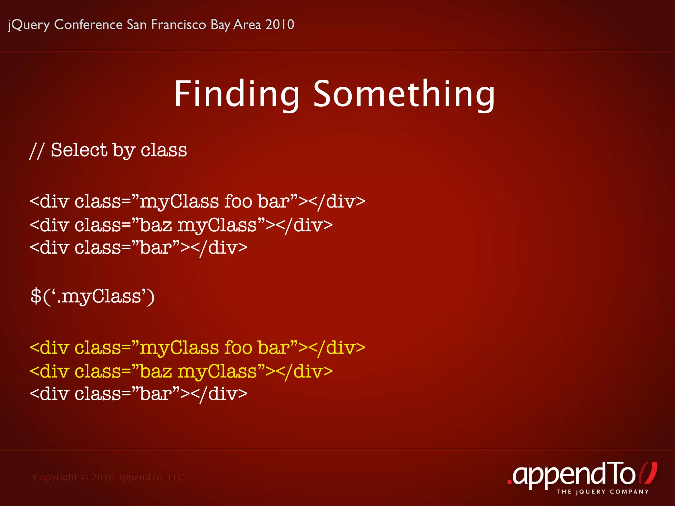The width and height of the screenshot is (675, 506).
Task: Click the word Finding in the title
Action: [237, 95]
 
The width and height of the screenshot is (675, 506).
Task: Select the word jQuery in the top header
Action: [29, 25]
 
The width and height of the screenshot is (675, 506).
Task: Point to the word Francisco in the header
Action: [178, 25]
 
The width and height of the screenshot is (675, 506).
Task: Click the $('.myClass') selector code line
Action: [92, 296]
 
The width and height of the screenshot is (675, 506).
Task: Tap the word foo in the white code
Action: [238, 201]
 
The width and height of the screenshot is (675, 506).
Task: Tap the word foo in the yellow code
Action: [238, 348]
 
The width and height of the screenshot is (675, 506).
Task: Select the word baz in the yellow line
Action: [156, 372]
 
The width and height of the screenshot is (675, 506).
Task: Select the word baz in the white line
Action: [156, 225]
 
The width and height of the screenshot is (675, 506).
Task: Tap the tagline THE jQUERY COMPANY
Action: [602, 492]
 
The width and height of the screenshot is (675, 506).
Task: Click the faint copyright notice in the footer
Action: [110, 477]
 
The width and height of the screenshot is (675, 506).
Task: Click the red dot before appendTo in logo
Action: [510, 482]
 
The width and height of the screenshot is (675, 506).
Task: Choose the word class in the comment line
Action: [164, 150]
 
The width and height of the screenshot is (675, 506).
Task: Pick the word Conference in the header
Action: [88, 25]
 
